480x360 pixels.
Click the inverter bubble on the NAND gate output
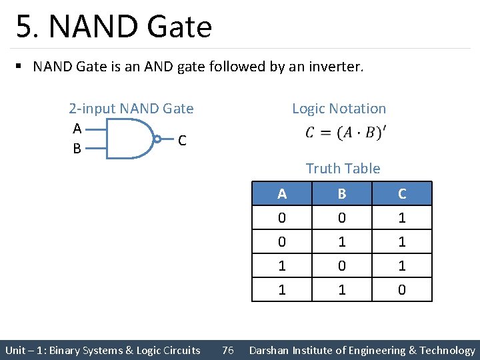(157, 139)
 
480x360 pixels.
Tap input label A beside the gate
(77, 128)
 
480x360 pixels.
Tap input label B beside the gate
(77, 149)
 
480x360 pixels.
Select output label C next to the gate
(182, 141)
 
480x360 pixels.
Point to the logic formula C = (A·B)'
(344, 133)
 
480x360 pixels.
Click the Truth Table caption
(343, 169)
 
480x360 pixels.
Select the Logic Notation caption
(339, 109)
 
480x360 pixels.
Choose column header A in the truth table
(282, 194)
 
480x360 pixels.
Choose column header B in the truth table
(342, 194)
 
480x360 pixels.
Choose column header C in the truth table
(402, 194)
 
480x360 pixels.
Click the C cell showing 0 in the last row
(402, 290)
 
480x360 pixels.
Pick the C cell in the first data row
(402, 218)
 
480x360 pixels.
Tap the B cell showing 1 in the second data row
(342, 242)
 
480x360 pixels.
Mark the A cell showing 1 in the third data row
(282, 266)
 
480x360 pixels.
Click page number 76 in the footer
(227, 351)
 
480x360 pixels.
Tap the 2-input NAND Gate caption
(131, 109)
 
